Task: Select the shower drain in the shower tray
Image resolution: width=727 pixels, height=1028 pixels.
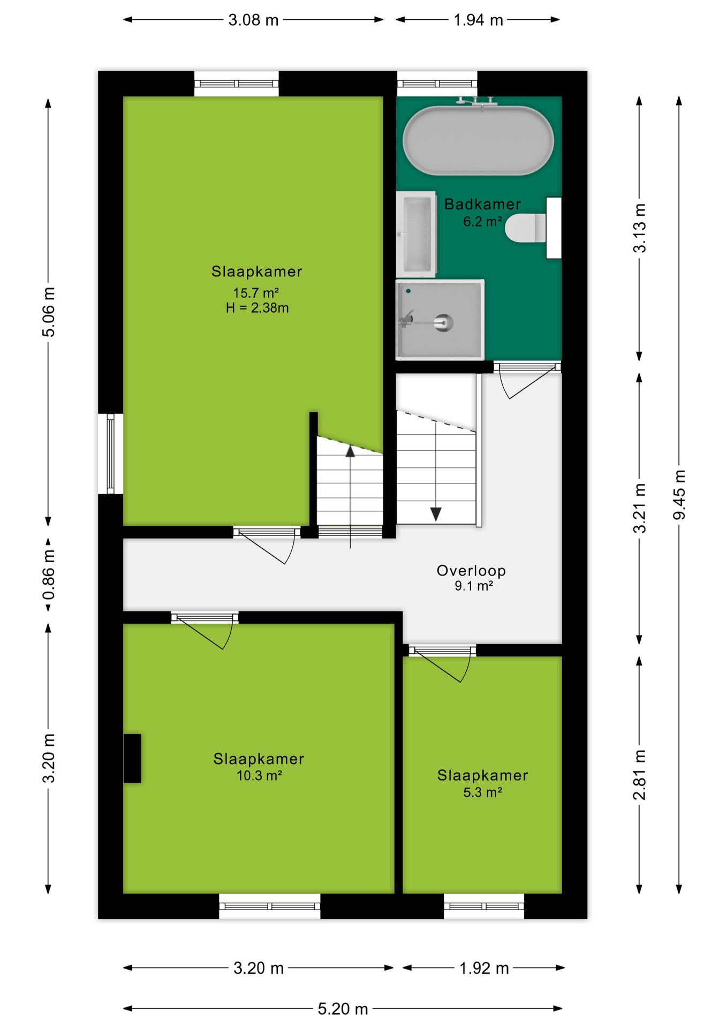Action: (x=444, y=322)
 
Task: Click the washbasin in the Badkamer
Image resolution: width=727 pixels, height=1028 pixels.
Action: (x=416, y=234)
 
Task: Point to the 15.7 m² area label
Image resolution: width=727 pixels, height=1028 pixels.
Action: (x=256, y=293)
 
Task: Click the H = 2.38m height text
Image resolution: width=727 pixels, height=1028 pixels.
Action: (x=257, y=308)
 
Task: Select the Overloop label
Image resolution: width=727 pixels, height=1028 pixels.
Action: (x=471, y=571)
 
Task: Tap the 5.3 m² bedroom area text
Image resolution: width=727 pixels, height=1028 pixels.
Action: (x=482, y=792)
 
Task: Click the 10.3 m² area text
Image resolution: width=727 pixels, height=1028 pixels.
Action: (x=259, y=775)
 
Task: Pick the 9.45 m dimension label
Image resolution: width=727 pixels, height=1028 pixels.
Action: (x=679, y=494)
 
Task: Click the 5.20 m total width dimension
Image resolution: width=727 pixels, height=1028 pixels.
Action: (x=343, y=1009)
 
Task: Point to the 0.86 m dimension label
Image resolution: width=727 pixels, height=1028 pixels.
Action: (x=49, y=575)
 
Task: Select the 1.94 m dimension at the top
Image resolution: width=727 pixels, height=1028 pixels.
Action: (x=478, y=20)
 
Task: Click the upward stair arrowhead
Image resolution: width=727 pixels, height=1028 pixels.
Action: (x=350, y=451)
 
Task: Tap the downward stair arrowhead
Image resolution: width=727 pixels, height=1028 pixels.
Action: (x=436, y=514)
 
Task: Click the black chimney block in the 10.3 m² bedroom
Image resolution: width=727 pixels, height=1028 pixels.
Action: (x=132, y=758)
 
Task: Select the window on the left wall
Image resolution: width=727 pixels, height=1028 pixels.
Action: (x=111, y=453)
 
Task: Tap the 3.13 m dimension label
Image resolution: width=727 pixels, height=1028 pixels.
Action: (x=640, y=228)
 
